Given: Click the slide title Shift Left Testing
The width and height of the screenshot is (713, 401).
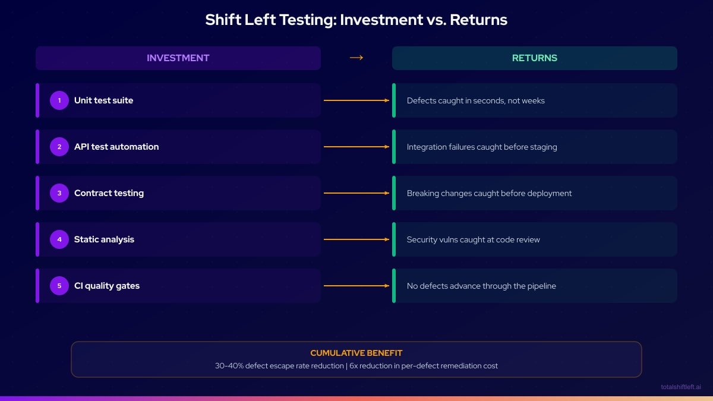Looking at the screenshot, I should pyautogui.click(x=356, y=20).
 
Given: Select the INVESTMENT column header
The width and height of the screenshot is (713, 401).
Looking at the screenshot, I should pyautogui.click(x=178, y=58).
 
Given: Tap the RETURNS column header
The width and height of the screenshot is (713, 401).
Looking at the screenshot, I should pyautogui.click(x=534, y=58).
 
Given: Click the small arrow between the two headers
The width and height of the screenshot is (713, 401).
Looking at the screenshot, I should pyautogui.click(x=356, y=58).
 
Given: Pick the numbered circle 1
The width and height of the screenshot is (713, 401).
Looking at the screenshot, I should pyautogui.click(x=59, y=100).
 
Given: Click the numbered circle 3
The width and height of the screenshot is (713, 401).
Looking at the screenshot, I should pyautogui.click(x=59, y=193).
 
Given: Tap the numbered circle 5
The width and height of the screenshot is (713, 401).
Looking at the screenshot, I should pyautogui.click(x=59, y=286).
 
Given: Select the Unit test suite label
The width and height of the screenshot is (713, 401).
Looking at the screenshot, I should pyautogui.click(x=103, y=100).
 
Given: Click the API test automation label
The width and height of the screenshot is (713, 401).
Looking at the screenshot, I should pyautogui.click(x=116, y=147).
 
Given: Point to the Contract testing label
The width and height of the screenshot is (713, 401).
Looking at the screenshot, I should pyautogui.click(x=109, y=193).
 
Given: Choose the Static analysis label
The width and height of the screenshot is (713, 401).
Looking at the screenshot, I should pyautogui.click(x=104, y=239).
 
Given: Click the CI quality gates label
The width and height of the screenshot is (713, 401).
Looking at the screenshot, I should pyautogui.click(x=107, y=286).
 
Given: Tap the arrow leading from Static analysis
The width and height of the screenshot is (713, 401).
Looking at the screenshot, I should pyautogui.click(x=356, y=239).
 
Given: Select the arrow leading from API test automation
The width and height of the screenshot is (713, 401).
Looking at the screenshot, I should pyautogui.click(x=356, y=147).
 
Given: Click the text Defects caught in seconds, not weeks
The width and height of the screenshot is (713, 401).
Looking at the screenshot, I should pyautogui.click(x=475, y=100).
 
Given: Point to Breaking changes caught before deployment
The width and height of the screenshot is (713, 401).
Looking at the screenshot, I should pyautogui.click(x=489, y=193).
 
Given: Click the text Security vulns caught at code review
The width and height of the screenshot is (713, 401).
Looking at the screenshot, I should pyautogui.click(x=473, y=239).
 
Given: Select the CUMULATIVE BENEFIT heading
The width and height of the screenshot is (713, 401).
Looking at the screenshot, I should pyautogui.click(x=356, y=353).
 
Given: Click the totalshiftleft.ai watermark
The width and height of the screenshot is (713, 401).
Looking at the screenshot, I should pyautogui.click(x=680, y=387).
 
